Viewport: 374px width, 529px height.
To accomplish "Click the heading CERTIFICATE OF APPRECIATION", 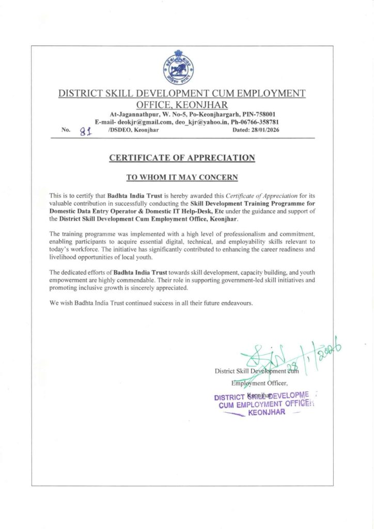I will coord(182,158).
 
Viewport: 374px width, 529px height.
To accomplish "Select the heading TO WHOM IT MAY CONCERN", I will coord(182,177).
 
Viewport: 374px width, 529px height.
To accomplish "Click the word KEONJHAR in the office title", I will coord(199,105).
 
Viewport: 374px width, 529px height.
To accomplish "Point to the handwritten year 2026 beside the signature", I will coord(331,353).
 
